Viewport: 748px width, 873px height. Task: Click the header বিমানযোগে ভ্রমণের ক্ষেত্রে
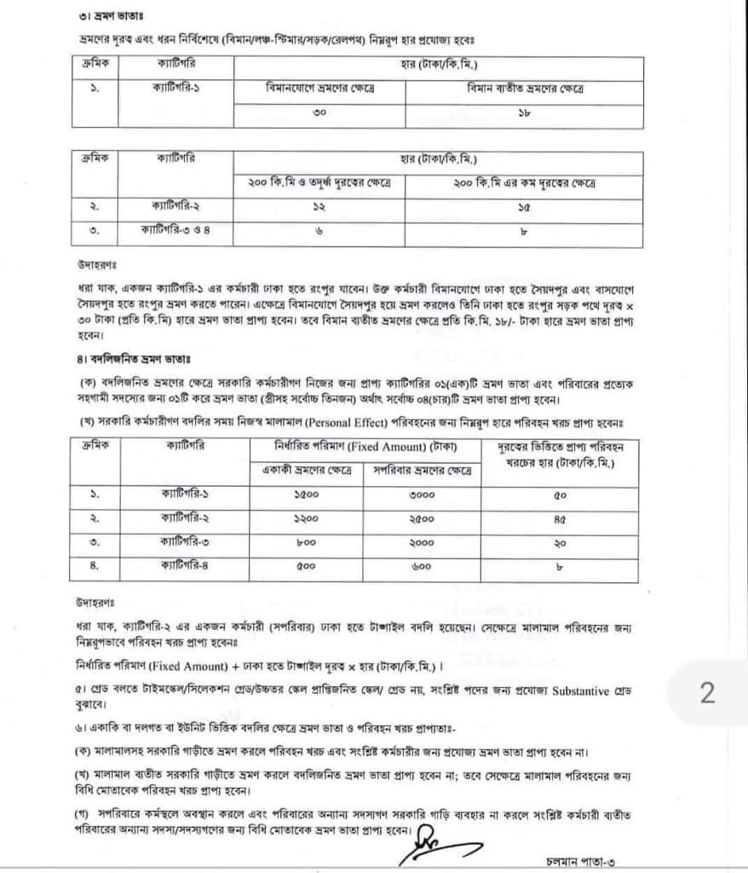[319, 90]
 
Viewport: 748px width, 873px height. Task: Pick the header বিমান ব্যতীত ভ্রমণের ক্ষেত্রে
[524, 90]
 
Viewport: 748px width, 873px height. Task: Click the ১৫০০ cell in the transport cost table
[306, 495]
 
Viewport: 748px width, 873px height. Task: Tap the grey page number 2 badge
[707, 693]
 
